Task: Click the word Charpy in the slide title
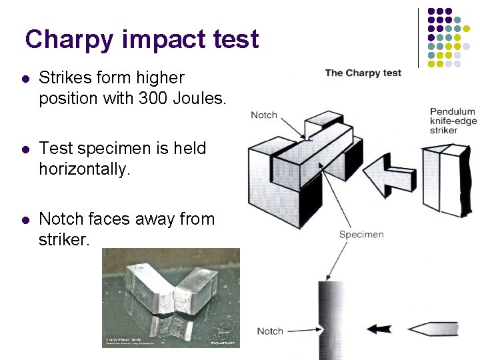point(69,40)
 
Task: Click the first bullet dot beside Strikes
point(25,79)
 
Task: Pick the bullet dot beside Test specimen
point(25,149)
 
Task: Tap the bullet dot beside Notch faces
point(25,219)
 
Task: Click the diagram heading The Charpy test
point(363,73)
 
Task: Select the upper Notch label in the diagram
point(264,115)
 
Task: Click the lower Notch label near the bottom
point(270,331)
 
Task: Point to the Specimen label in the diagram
point(361,235)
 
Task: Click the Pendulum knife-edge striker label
point(453,121)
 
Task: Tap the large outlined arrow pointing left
point(387,169)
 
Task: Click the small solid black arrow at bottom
point(380,329)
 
